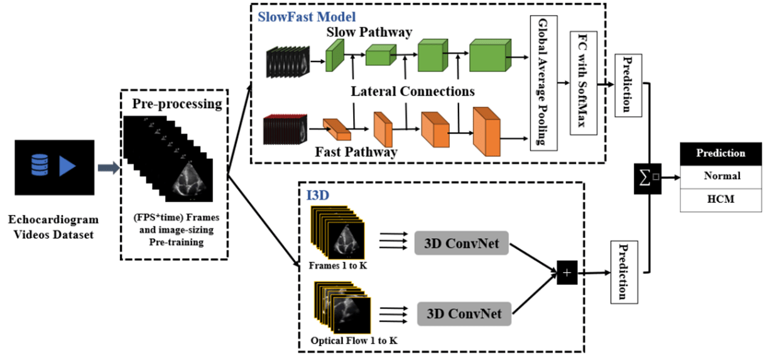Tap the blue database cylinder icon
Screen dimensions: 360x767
click(40, 166)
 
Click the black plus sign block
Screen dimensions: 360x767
click(567, 272)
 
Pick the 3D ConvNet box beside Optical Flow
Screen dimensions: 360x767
click(464, 312)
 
